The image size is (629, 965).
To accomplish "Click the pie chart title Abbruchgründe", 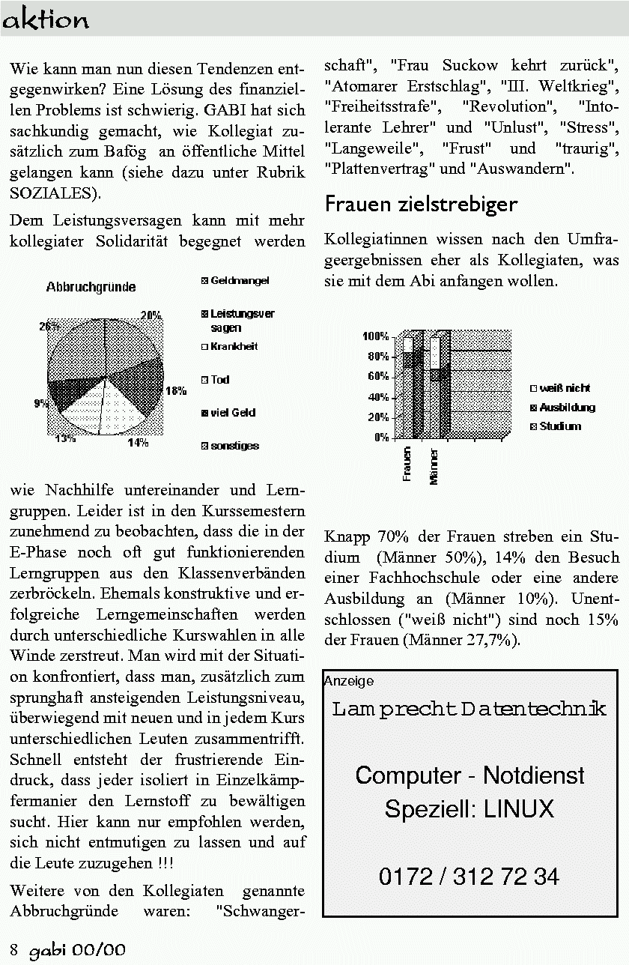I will (x=91, y=287).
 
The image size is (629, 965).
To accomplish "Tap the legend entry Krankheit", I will (x=234, y=347).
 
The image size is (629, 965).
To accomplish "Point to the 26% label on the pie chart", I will (x=49, y=326).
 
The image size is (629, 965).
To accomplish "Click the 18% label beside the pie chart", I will (x=176, y=390).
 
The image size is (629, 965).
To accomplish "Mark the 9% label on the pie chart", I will (x=40, y=404).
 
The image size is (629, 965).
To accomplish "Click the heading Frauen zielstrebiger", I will (x=420, y=205).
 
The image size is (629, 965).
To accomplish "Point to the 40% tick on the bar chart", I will (x=377, y=396).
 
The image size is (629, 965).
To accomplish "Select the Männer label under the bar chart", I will (x=434, y=467).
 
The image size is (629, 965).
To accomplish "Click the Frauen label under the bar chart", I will (x=407, y=464).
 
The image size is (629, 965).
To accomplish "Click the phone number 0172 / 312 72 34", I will (x=469, y=876).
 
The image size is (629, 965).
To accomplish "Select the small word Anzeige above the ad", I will (x=349, y=681).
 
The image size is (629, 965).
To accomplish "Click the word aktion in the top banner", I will (x=46, y=20).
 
